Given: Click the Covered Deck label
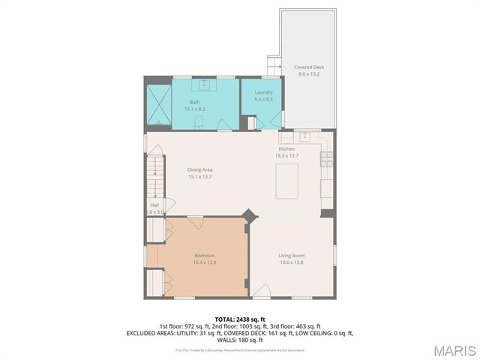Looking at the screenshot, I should pyautogui.click(x=309, y=67).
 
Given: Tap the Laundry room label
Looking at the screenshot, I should pyautogui.click(x=263, y=92).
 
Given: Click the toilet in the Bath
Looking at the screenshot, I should pyautogui.click(x=199, y=122).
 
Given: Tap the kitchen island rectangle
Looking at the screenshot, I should pyautogui.click(x=289, y=181).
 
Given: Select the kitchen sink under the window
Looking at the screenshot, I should pyautogui.click(x=305, y=137).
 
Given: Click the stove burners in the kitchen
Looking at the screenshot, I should pyautogui.click(x=326, y=158).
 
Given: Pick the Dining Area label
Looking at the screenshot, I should pyautogui.click(x=199, y=169).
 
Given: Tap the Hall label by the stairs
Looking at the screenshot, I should pyautogui.click(x=154, y=205).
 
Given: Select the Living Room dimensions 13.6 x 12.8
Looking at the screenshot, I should pyautogui.click(x=290, y=262).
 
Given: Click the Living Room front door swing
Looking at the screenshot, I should pyautogui.click(x=260, y=291).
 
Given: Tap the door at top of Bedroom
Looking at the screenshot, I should pyautogui.click(x=195, y=221).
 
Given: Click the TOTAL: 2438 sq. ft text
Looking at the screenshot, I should pyautogui.click(x=239, y=319).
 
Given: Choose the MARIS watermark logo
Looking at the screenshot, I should pyautogui.click(x=453, y=350).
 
